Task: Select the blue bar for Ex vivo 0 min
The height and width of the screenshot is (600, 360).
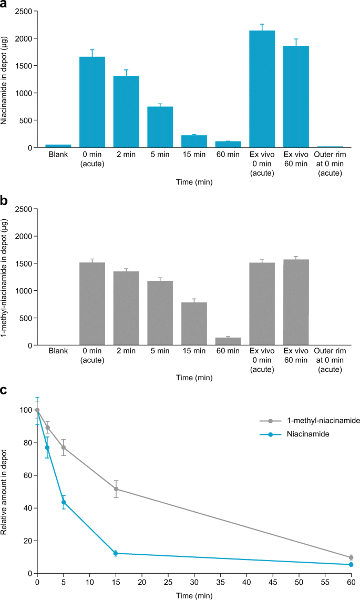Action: click(x=262, y=89)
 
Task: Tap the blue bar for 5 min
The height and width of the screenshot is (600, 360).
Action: click(x=160, y=127)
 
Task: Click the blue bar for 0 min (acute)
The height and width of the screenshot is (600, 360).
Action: click(x=92, y=102)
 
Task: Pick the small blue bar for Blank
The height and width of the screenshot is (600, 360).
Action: click(x=58, y=146)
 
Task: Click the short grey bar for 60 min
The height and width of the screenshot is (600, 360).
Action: click(x=228, y=341)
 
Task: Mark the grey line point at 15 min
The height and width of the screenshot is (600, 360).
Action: click(x=116, y=489)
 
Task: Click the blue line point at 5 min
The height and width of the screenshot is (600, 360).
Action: click(x=64, y=502)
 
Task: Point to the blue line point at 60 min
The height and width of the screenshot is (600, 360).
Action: click(x=351, y=564)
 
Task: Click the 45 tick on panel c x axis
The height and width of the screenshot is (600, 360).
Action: click(x=273, y=582)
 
